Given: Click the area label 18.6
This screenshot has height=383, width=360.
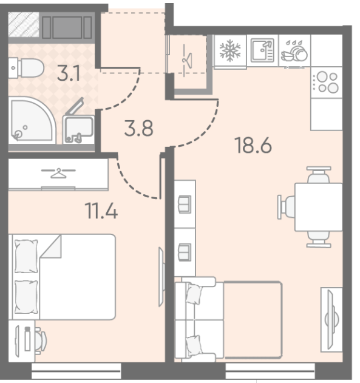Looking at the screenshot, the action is click(x=253, y=145).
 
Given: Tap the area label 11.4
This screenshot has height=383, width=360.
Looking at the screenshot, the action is click(x=101, y=211).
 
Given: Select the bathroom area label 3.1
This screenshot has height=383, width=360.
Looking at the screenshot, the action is click(x=69, y=73).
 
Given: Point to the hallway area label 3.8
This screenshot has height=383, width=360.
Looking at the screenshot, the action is click(x=138, y=128).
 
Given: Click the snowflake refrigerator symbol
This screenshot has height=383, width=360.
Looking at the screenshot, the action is click(x=230, y=50).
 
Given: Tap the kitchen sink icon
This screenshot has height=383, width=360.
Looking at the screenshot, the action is click(x=262, y=50).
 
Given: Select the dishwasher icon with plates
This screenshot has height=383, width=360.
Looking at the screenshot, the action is click(x=294, y=51).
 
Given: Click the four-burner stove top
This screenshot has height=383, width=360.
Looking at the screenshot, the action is click(x=326, y=83).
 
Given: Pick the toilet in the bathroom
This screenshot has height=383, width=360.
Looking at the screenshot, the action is click(x=26, y=67).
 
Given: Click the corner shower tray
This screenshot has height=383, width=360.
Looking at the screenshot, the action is click(x=31, y=120).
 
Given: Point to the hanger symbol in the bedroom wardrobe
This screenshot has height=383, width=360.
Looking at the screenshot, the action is click(x=58, y=173).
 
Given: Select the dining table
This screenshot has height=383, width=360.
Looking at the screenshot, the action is click(x=319, y=207).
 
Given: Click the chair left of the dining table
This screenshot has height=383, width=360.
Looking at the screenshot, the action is click(x=287, y=207).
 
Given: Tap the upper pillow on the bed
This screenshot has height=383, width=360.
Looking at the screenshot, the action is click(x=26, y=256).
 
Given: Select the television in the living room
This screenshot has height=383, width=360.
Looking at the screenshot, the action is click(x=331, y=319).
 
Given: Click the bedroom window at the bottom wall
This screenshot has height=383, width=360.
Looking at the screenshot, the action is click(x=76, y=371).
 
